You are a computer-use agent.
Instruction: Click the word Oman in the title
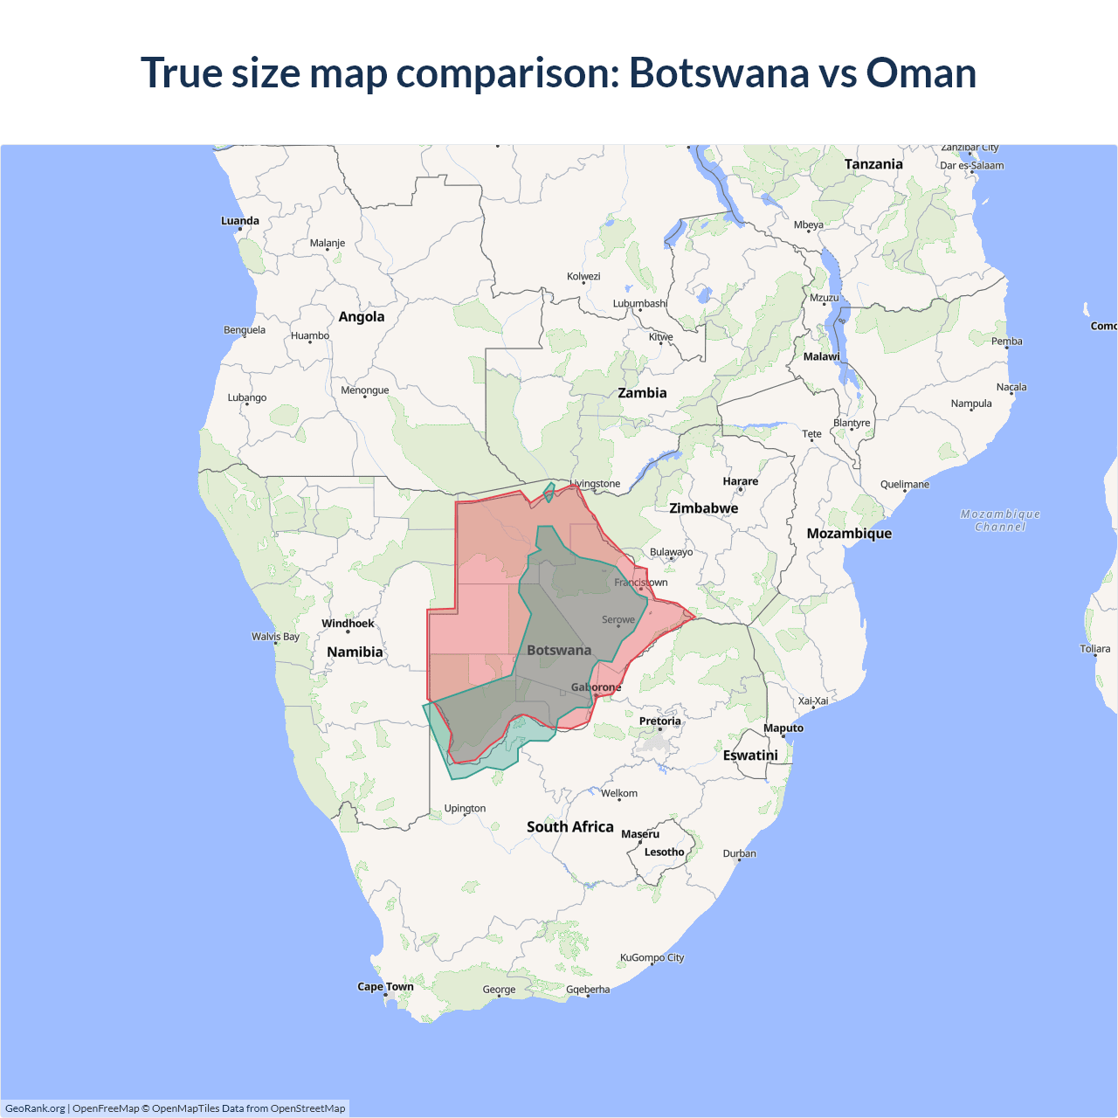[921, 72]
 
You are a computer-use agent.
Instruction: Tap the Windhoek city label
[348, 624]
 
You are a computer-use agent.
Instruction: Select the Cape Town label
[385, 987]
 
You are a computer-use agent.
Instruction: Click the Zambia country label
[642, 393]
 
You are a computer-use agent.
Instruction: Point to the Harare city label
[741, 481]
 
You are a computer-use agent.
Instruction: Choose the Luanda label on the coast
[240, 221]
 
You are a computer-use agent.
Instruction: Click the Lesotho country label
[664, 852]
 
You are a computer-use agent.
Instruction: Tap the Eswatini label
[750, 756]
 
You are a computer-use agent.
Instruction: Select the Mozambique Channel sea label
[1000, 521]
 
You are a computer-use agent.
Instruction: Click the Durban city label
[739, 853]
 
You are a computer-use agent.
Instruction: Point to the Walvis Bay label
[275, 637]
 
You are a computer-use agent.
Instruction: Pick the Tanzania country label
[873, 164]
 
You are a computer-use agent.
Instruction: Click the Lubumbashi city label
[640, 304]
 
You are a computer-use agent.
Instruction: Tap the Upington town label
[465, 809]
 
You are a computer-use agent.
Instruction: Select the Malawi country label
[821, 356]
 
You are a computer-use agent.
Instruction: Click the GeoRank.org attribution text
[35, 1108]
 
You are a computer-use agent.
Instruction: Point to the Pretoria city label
[659, 721]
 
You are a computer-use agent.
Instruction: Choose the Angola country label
[362, 317]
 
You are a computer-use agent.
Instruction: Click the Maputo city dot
[783, 736]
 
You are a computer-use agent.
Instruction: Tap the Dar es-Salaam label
[972, 165]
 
